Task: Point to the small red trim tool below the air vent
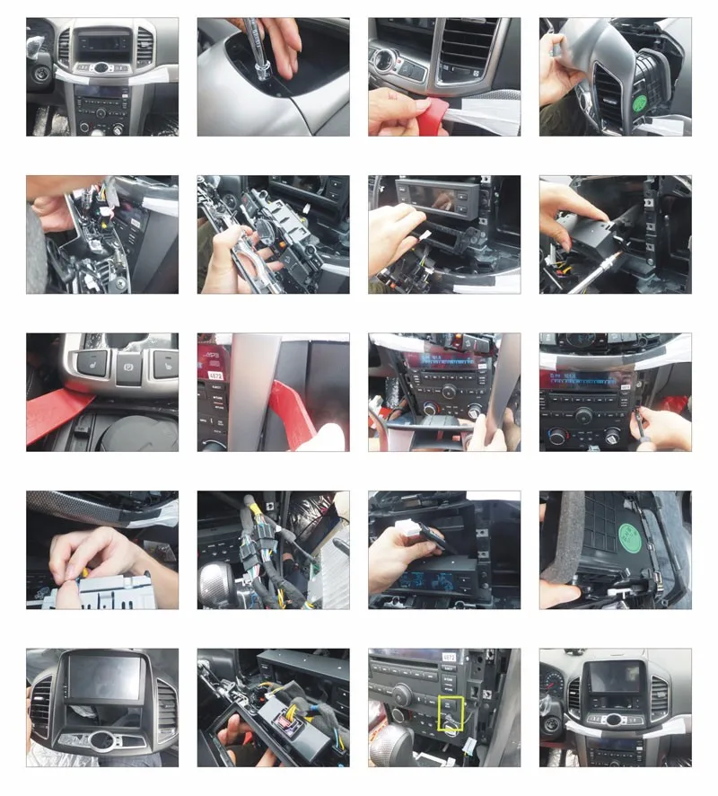click(x=425, y=117)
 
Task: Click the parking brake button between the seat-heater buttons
click(x=128, y=368)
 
